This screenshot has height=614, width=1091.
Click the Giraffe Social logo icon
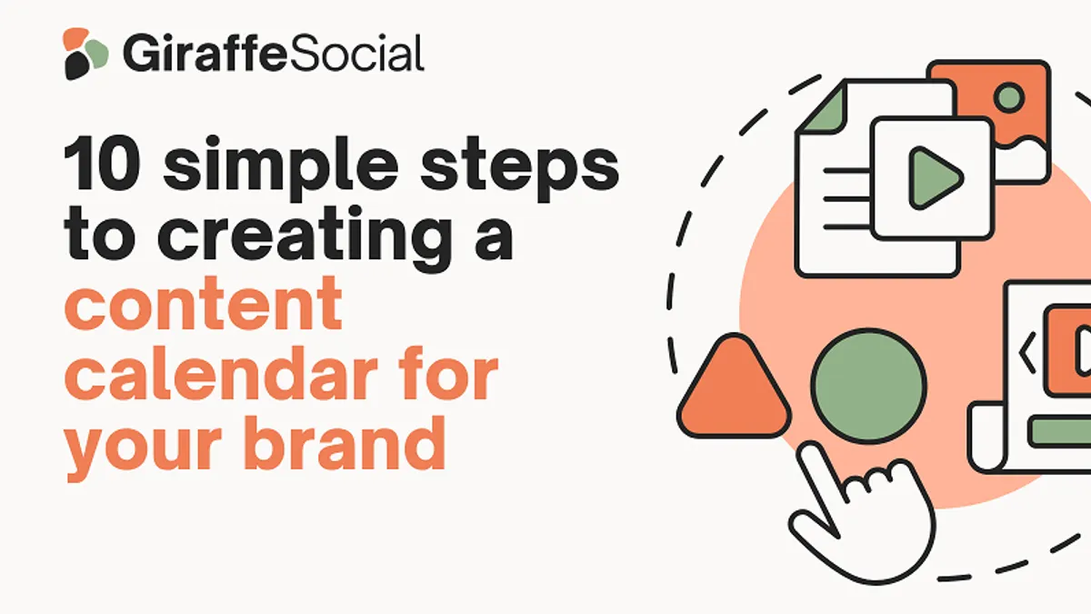click(85, 54)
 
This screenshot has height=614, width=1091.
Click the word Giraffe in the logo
click(205, 53)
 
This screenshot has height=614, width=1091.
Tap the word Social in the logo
click(356, 53)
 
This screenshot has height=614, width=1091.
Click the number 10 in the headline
click(103, 164)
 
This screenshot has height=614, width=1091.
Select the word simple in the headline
click(281, 168)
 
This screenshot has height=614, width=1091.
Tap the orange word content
click(203, 305)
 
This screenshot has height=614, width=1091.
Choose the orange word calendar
click(221, 372)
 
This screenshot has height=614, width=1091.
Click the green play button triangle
click(936, 178)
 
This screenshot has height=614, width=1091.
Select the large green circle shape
click(868, 386)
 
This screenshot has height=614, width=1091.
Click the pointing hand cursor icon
click(861, 514)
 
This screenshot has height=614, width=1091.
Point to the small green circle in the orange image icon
click(1008, 97)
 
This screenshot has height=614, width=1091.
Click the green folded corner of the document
click(824, 110)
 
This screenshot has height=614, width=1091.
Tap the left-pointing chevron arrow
click(1026, 352)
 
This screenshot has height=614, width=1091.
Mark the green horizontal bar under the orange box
click(1060, 431)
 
